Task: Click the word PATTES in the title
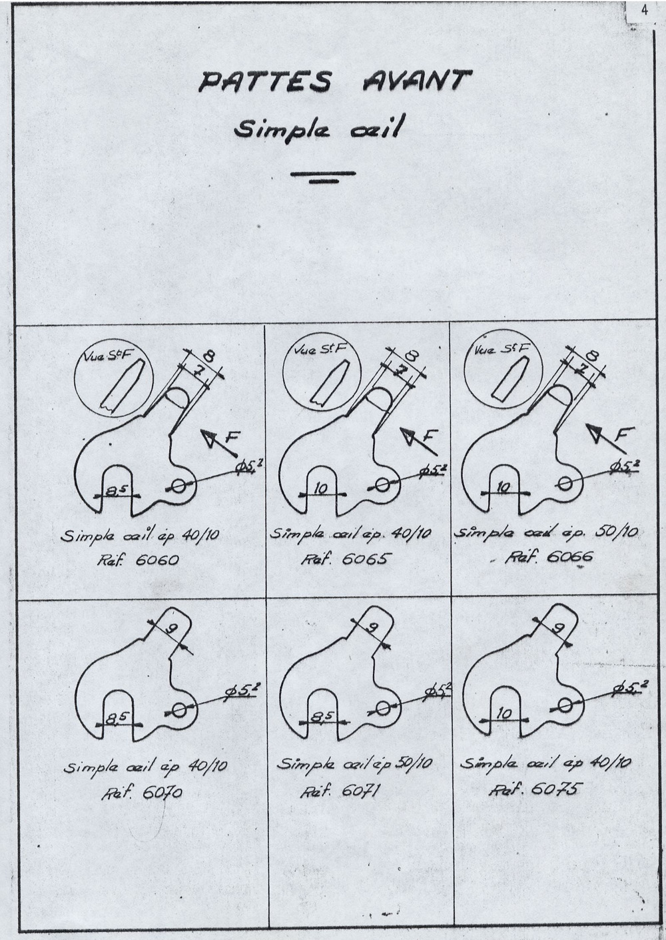pos(265,83)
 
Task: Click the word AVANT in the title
pos(417,81)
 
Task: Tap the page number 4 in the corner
pos(644,11)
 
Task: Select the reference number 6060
pos(157,560)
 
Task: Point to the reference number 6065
pos(364,558)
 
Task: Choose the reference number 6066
pos(569,556)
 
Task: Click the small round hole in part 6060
pos(180,486)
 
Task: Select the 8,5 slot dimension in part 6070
pos(119,720)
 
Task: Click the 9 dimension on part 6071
pos(374,628)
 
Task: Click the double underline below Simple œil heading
pos(324,177)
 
